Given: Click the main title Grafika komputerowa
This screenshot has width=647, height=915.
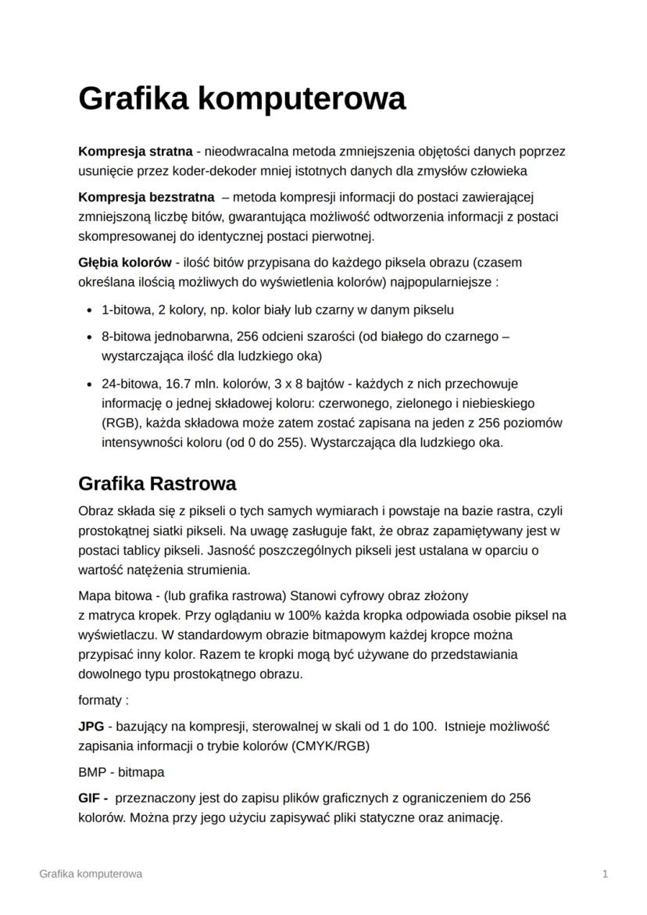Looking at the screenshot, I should coord(242,99).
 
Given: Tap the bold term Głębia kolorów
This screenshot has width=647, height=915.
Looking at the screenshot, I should coord(124,262).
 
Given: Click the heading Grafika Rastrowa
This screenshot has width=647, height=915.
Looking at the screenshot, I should coord(157,483).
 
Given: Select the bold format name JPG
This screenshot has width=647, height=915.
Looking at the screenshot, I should coord(91,726).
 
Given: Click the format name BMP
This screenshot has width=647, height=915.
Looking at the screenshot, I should coord(91,772).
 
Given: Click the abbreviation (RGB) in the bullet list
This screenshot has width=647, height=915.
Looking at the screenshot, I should coord(120,423).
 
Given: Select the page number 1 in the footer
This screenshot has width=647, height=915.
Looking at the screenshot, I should coord(606,874).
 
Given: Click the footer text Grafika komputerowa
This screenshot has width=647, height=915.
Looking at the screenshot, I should coord(91,874).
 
